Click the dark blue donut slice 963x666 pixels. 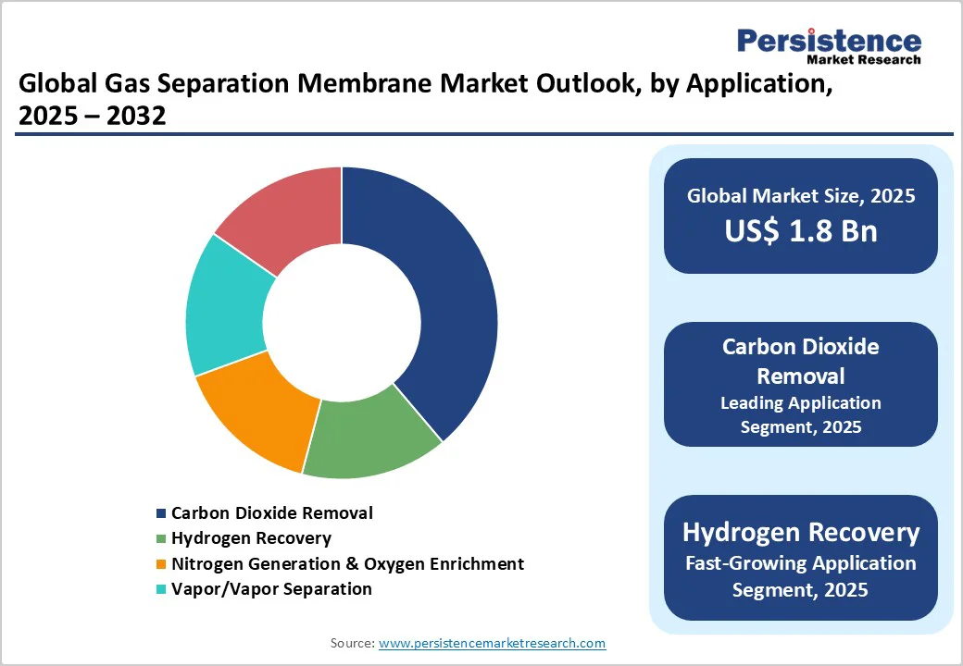click(x=435, y=296)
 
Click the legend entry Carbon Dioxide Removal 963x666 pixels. click(x=271, y=512)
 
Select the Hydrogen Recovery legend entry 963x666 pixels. click(x=250, y=537)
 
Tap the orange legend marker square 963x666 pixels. click(x=162, y=564)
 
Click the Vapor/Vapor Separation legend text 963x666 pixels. click(x=271, y=588)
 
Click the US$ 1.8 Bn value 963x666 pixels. click(x=801, y=230)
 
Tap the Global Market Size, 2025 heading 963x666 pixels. click(x=801, y=196)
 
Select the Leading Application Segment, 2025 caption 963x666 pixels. click(x=801, y=415)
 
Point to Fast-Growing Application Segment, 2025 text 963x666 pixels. click(x=801, y=575)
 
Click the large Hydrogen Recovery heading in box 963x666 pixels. click(x=801, y=533)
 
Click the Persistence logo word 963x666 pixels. click(x=829, y=41)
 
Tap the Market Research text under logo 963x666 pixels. click(x=864, y=60)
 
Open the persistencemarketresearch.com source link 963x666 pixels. click(x=492, y=643)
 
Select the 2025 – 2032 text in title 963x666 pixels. click(x=93, y=117)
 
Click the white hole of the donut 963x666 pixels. click(x=342, y=322)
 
